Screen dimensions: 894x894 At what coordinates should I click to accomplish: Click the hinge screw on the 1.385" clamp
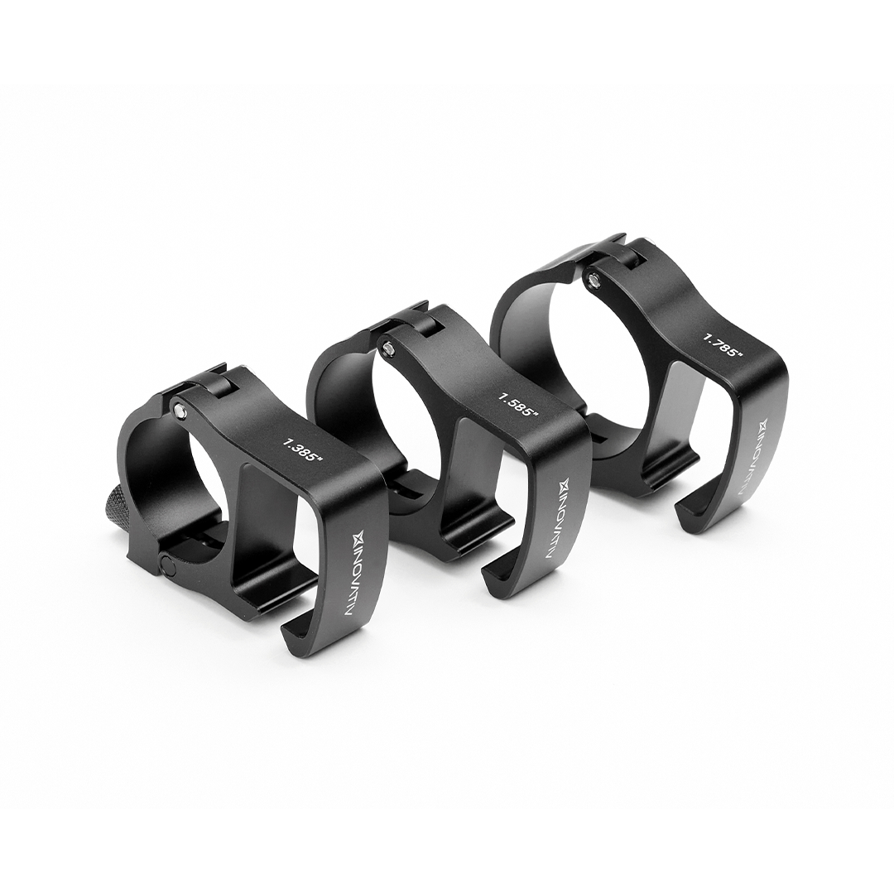(180, 406)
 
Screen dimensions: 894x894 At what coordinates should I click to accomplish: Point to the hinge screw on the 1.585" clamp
(387, 347)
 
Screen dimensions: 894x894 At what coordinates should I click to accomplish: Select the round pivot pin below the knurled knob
(168, 566)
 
